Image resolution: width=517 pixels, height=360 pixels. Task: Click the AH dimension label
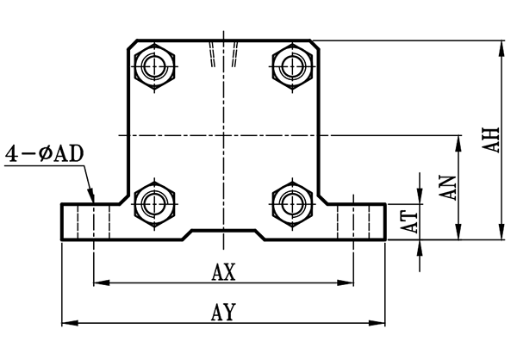point(491,140)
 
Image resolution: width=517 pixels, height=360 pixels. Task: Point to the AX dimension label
point(224,271)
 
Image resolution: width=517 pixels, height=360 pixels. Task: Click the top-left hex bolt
point(156,64)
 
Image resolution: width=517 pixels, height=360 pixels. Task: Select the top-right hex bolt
point(290,64)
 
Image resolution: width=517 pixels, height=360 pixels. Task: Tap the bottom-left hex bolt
point(156,203)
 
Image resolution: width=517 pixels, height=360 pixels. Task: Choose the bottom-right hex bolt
point(290,203)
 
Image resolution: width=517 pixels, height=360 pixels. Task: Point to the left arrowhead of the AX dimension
point(98,282)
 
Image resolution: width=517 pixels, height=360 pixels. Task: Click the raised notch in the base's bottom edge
point(223,233)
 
